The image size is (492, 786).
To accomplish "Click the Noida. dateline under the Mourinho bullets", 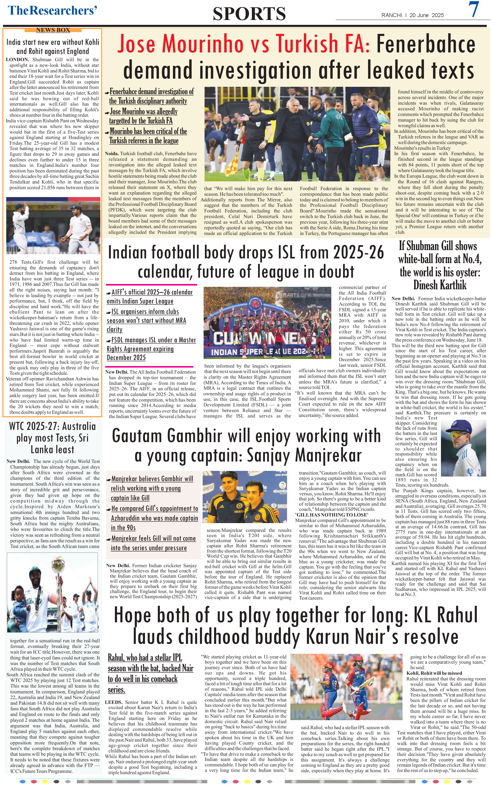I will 112,154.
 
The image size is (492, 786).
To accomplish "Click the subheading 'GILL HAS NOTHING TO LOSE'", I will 331,515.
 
